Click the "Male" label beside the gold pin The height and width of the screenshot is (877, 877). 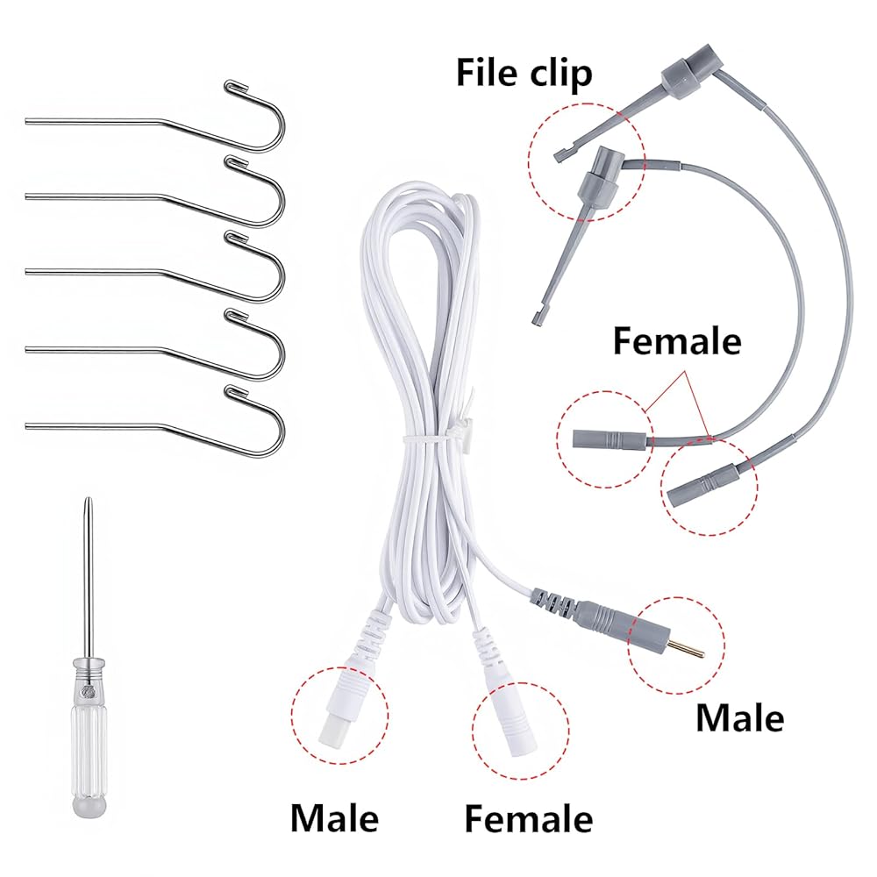tap(738, 717)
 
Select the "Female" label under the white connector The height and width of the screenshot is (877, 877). tap(528, 819)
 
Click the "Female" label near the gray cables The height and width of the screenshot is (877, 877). tap(676, 340)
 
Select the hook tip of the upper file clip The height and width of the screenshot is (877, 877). tap(559, 155)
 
